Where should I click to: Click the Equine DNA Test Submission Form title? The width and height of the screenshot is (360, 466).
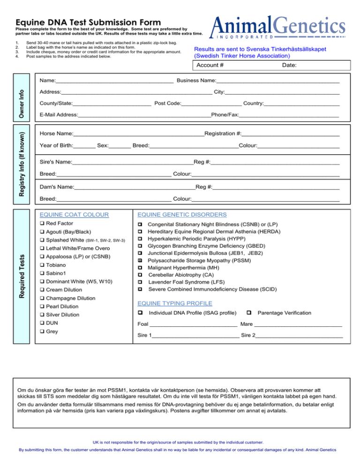tap(89, 22)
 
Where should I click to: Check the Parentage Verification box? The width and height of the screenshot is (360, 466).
tap(249, 312)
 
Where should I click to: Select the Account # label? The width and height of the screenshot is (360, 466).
tap(210, 66)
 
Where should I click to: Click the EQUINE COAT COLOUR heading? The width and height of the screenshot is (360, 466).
tap(75, 215)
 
